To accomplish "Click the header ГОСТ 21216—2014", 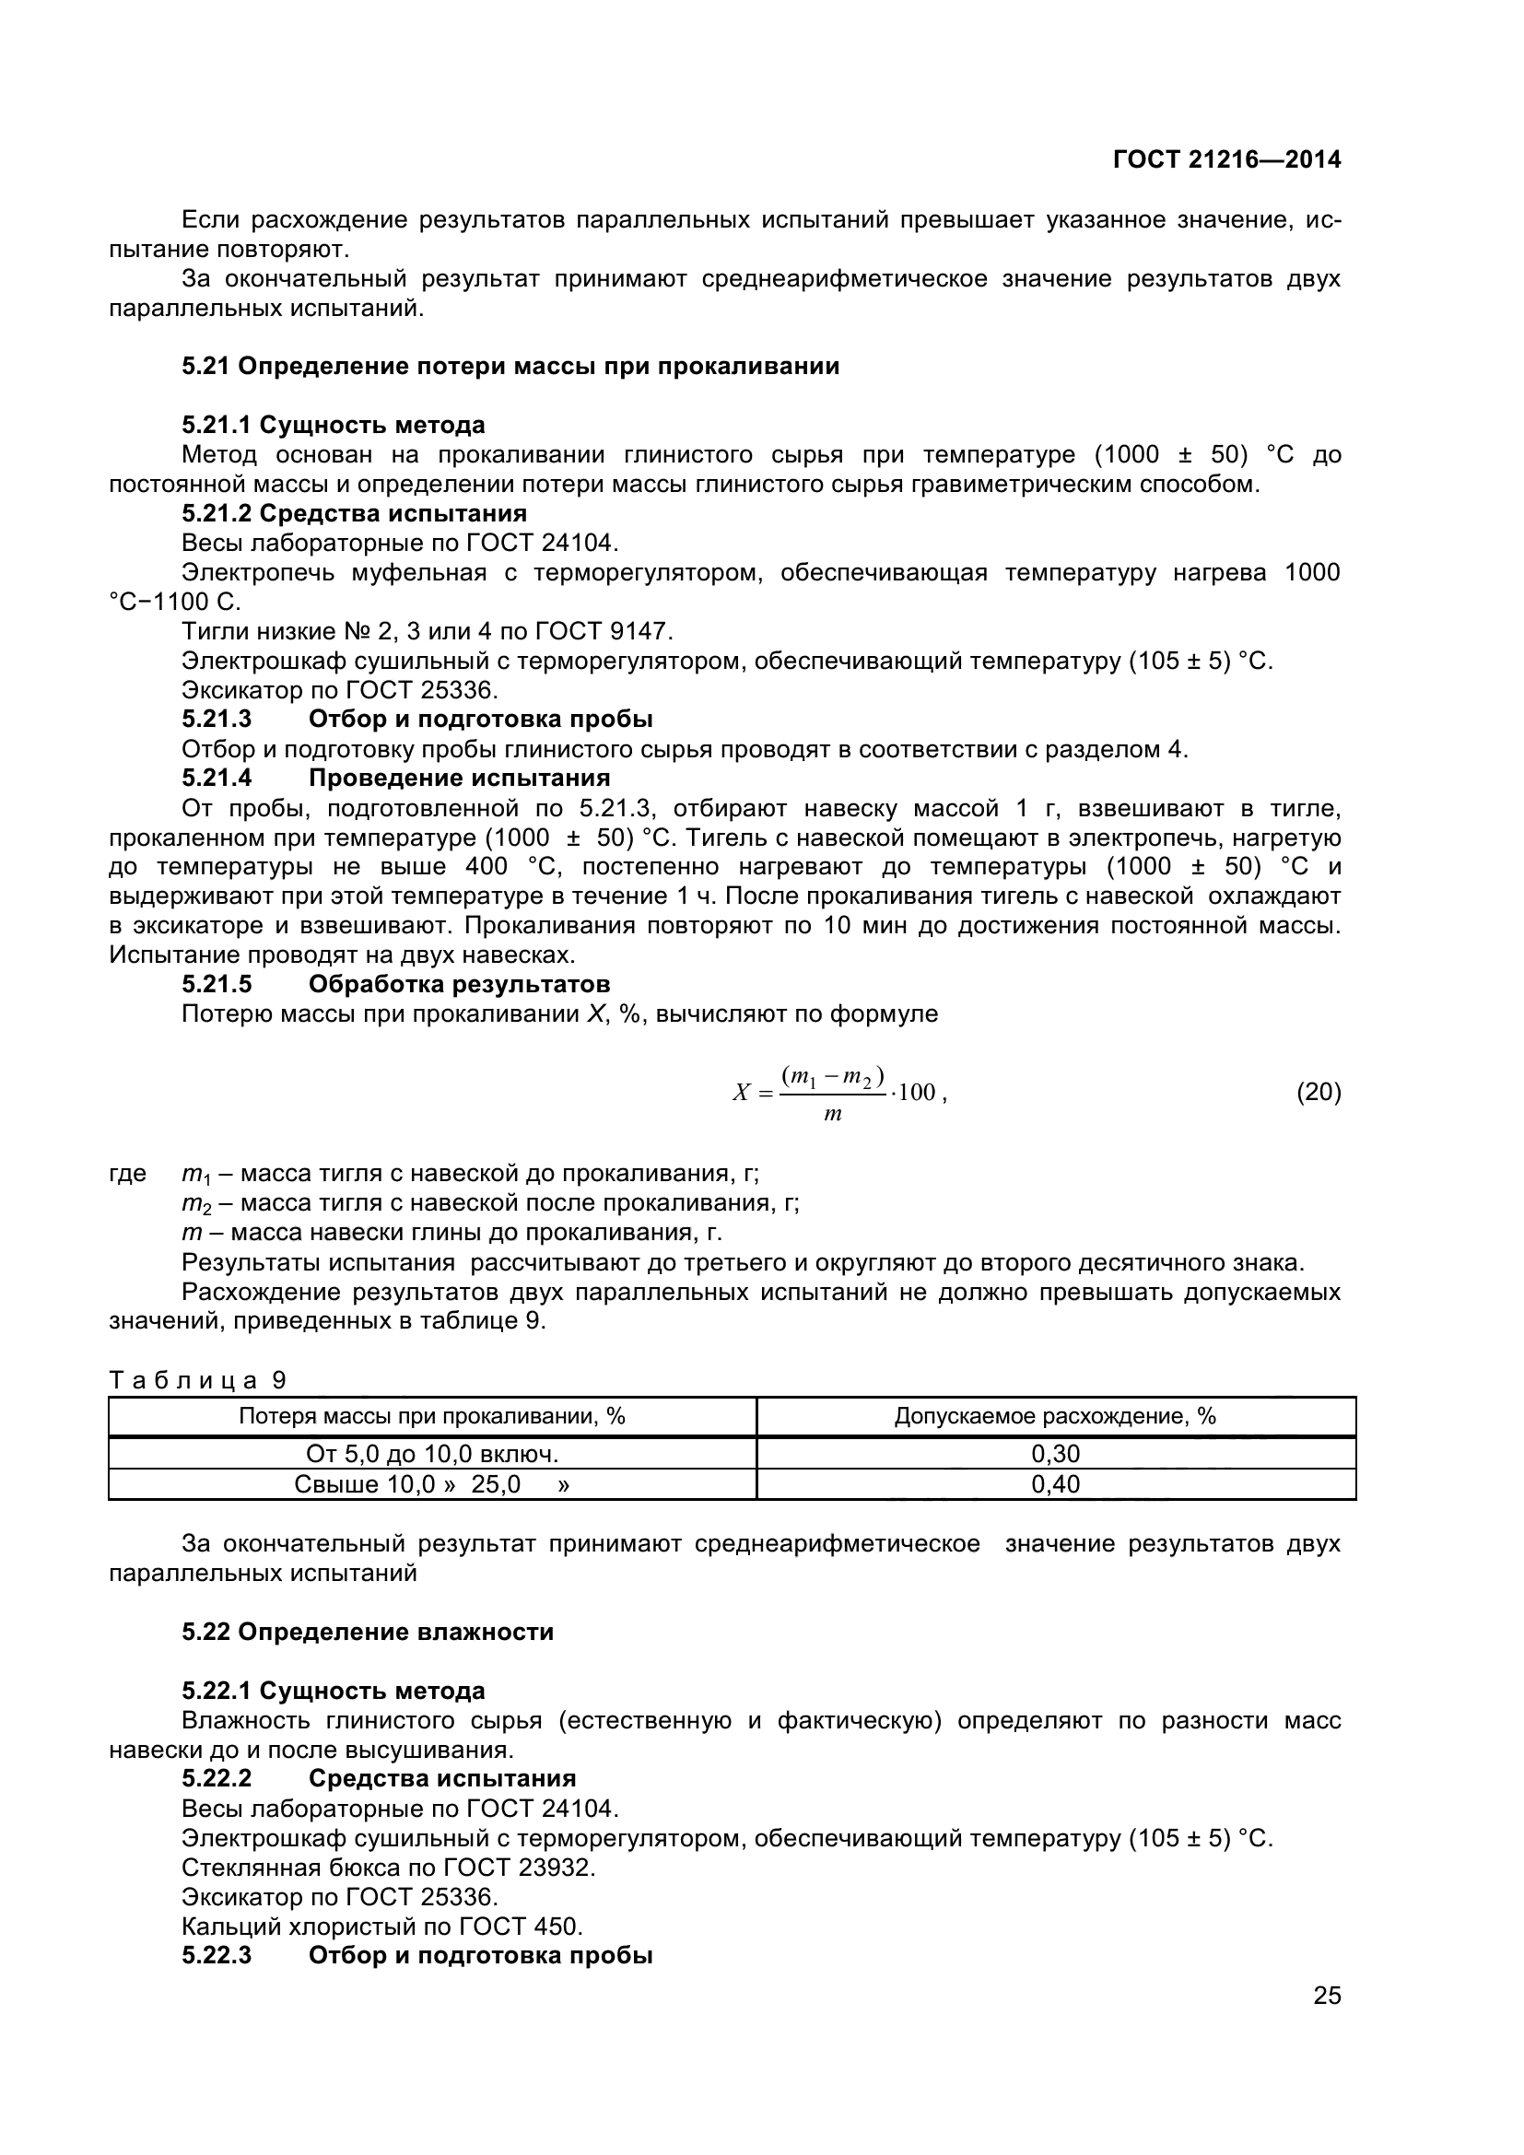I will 1226,159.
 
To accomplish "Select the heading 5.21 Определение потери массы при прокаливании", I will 510,366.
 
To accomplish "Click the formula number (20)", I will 1319,1092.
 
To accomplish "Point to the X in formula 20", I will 742,1093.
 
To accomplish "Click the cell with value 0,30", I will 1056,1454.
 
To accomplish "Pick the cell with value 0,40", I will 1056,1484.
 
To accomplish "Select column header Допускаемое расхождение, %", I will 1055,1416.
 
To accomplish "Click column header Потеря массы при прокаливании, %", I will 431,1416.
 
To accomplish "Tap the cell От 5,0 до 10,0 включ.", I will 431,1454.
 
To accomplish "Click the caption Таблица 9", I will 197,1380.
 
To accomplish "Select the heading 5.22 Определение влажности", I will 368,1632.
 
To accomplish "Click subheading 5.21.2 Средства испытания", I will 354,513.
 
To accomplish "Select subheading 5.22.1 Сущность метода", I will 334,1691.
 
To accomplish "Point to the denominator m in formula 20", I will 831,1115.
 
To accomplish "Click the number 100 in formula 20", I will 917,1093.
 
